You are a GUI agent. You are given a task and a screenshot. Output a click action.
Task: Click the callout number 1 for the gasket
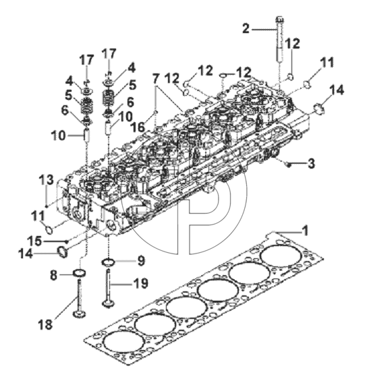305,231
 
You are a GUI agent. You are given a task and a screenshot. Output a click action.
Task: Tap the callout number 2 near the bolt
246,28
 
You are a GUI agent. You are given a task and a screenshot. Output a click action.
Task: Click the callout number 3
311,164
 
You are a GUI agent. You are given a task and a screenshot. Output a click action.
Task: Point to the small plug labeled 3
289,165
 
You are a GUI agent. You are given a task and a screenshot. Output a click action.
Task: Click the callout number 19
140,283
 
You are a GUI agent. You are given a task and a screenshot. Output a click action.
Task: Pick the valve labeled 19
108,287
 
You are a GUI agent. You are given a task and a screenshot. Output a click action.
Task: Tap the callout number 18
45,324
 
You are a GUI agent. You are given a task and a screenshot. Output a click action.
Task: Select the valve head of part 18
79,314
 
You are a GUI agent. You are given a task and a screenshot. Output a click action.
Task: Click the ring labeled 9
109,262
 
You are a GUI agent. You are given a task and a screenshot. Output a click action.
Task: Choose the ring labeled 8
80,273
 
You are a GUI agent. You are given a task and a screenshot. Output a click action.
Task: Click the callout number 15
34,241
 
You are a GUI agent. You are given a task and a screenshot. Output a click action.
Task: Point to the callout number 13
46,180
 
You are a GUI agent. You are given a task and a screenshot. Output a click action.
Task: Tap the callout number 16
138,127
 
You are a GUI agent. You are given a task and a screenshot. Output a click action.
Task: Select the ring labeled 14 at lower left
62,252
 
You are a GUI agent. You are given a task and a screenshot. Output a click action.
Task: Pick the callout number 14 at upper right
337,90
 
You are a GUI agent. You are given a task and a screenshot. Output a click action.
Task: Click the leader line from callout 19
121,284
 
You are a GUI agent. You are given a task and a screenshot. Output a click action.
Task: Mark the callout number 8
53,275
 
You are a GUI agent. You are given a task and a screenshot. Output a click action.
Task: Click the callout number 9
141,261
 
